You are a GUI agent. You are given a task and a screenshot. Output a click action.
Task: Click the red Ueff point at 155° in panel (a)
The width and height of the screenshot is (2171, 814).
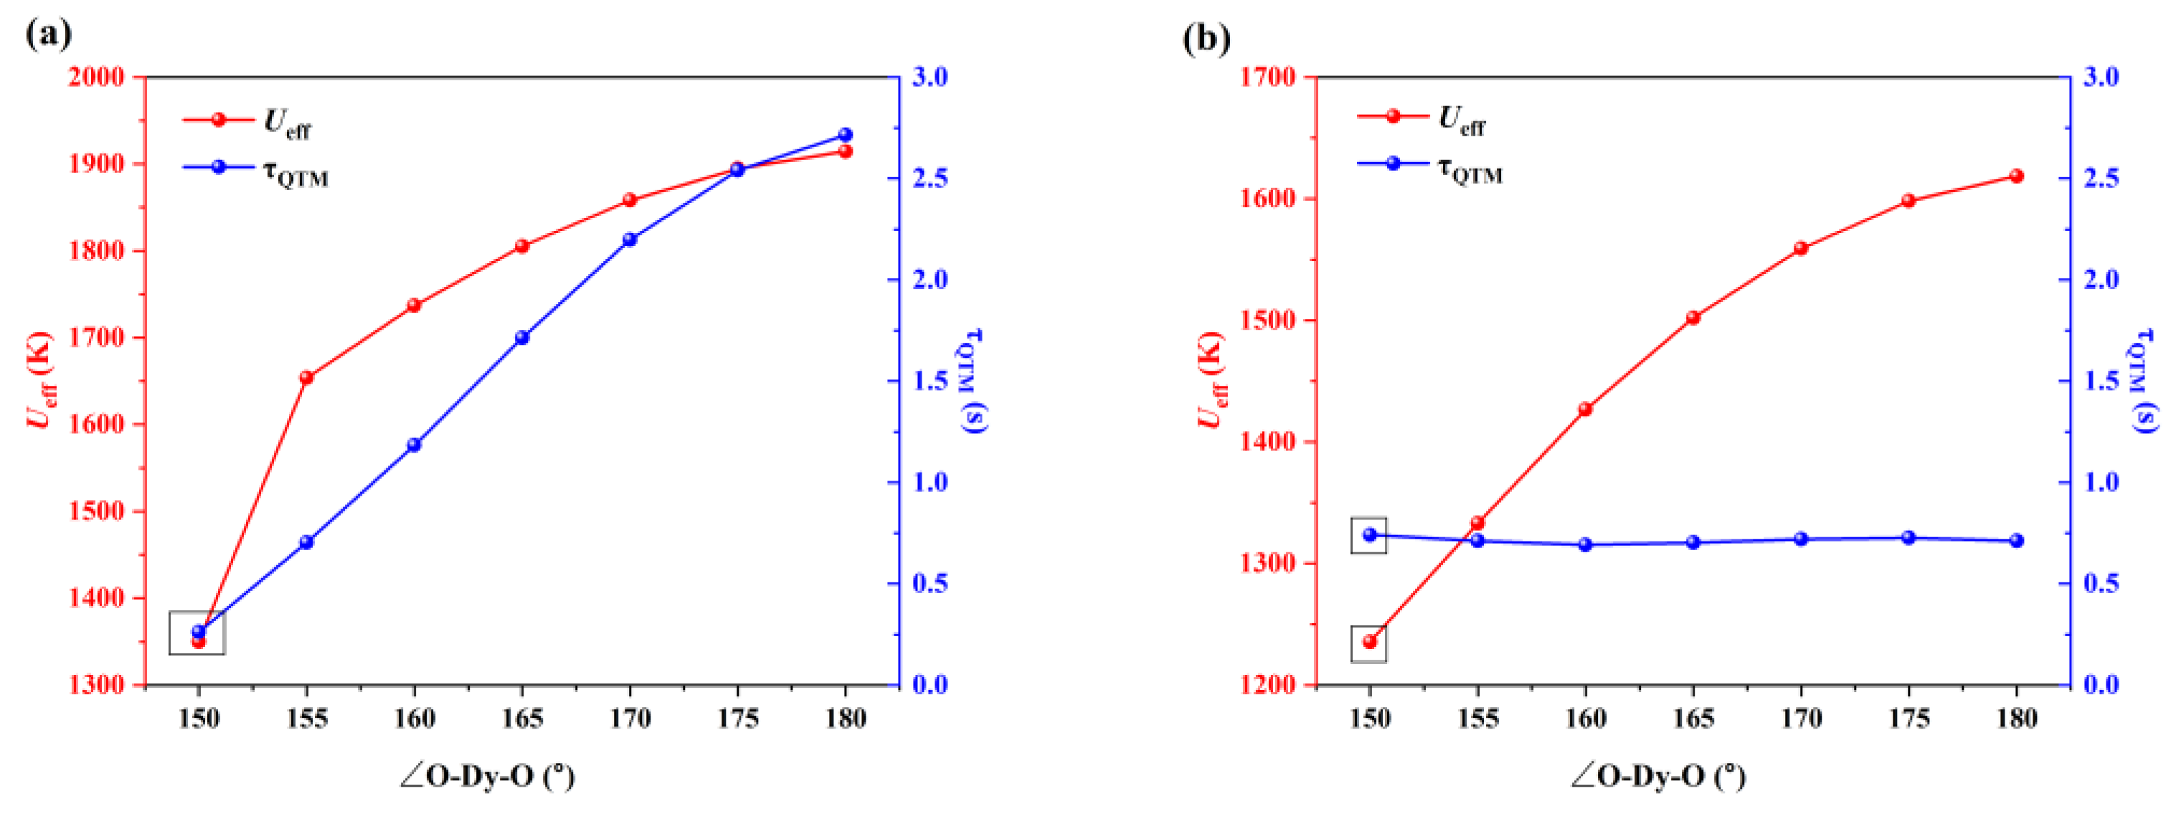pyautogui.click(x=306, y=377)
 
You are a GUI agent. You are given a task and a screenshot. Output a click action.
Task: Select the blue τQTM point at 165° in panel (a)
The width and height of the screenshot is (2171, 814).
pyautogui.click(x=521, y=338)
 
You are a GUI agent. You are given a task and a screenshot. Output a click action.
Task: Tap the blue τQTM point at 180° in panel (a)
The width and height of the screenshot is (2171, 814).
pyautogui.click(x=846, y=135)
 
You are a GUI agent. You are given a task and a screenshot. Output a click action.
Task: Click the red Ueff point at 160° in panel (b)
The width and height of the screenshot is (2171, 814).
pyautogui.click(x=1585, y=410)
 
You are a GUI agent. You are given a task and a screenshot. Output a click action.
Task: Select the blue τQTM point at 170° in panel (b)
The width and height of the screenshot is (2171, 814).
pyautogui.click(x=1801, y=539)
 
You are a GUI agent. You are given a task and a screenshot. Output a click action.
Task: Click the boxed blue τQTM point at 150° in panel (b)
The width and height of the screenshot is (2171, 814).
pyautogui.click(x=1370, y=534)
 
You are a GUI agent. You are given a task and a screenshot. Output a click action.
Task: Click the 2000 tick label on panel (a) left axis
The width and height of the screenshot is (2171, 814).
pyautogui.click(x=95, y=77)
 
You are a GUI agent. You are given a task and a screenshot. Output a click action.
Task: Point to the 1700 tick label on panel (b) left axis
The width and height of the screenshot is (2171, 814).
pyautogui.click(x=1267, y=77)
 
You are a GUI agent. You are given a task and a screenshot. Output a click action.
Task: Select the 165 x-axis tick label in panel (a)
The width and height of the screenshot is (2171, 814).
pyautogui.click(x=521, y=719)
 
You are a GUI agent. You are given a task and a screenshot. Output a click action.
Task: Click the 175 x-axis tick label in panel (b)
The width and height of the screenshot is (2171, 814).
pyautogui.click(x=1909, y=719)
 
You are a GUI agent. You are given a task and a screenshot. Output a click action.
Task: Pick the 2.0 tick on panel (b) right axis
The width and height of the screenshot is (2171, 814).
pyautogui.click(x=2101, y=280)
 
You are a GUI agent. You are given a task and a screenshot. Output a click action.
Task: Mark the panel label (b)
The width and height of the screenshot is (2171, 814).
pyautogui.click(x=1206, y=37)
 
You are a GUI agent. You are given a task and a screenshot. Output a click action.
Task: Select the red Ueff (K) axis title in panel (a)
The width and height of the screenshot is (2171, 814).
pyautogui.click(x=39, y=379)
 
